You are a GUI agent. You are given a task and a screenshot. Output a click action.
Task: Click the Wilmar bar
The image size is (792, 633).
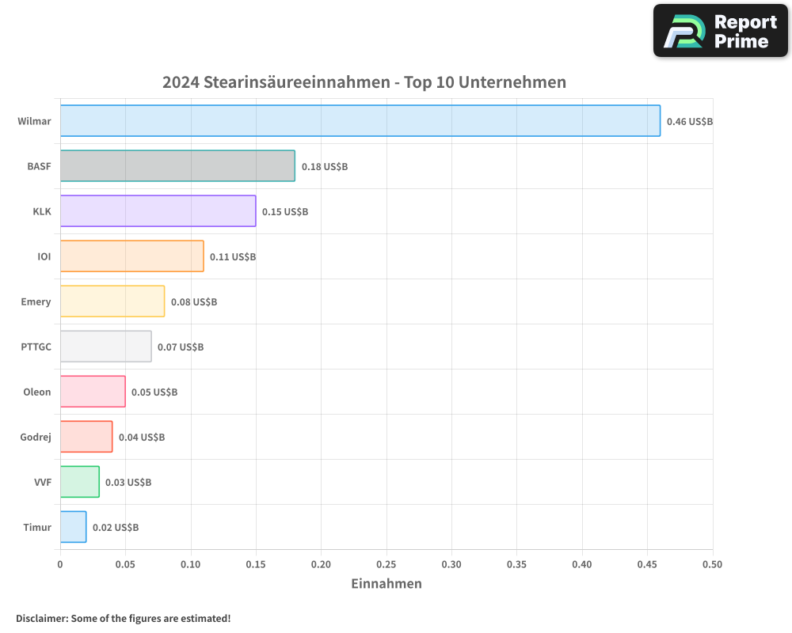[x=360, y=121]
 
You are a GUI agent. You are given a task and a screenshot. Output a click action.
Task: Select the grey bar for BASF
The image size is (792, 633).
[x=177, y=166]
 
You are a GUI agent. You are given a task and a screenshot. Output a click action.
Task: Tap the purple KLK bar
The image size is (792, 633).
[x=158, y=211]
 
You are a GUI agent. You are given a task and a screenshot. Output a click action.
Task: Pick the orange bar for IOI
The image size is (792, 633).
[x=131, y=256]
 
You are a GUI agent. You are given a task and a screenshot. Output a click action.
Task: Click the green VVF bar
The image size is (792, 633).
[x=79, y=482]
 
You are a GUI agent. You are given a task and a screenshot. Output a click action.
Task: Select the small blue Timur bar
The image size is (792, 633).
[x=73, y=527]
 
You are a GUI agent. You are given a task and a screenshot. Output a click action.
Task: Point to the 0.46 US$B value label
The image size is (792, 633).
[x=689, y=122]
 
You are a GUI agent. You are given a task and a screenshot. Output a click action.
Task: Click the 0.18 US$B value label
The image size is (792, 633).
[x=324, y=167]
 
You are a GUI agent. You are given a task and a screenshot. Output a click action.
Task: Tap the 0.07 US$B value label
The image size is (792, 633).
[x=180, y=347]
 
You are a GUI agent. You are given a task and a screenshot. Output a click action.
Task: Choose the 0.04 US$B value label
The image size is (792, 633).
[x=141, y=437]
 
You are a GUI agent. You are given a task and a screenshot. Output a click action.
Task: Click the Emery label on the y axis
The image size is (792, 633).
[x=36, y=301]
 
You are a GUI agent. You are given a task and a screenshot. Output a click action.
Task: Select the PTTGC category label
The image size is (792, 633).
[x=36, y=347]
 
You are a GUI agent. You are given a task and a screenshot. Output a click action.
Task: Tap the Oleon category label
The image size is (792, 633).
[x=36, y=392]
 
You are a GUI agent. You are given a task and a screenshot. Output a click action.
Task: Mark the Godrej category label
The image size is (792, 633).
[x=36, y=437]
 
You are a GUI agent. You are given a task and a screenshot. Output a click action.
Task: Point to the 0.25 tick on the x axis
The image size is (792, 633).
[x=386, y=564]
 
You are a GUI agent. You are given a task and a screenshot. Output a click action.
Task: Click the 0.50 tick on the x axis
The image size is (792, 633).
[x=712, y=564]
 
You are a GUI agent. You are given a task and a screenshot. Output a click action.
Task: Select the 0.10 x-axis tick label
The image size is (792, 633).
[x=190, y=564]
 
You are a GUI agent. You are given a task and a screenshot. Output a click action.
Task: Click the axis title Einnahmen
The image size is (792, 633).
[x=386, y=584]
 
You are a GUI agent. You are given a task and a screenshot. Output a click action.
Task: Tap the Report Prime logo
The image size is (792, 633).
[x=721, y=31]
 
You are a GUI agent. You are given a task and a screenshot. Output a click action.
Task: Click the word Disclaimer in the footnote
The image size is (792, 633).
[x=41, y=618]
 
